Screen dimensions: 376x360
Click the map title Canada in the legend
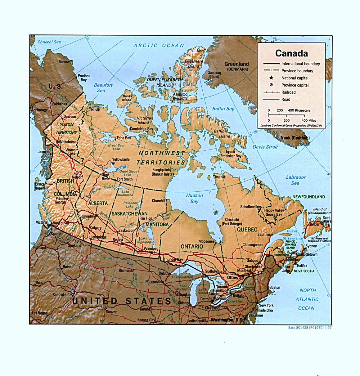point(291,53)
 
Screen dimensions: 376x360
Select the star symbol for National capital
point(271,78)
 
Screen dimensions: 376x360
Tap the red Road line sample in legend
point(271,99)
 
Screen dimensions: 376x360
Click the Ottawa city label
point(234,277)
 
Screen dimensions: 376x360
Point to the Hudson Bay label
point(194,198)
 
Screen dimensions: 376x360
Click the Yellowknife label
point(121,159)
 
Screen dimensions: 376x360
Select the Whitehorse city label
point(68,142)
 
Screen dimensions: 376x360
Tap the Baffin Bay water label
point(223,109)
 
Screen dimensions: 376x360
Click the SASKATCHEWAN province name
point(129,214)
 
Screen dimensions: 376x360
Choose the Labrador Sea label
point(295,180)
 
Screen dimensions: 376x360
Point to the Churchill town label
point(158,201)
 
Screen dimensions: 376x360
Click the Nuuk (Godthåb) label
point(295,138)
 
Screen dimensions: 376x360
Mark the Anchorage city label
point(39,110)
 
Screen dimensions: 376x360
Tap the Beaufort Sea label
point(103,87)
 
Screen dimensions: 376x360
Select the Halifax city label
point(302,266)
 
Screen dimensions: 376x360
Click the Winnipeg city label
point(151,248)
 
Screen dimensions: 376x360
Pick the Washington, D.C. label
point(226,320)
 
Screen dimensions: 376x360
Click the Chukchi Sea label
point(49,42)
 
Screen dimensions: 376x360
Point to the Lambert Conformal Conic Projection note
point(291,126)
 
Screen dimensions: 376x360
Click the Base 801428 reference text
point(310,327)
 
